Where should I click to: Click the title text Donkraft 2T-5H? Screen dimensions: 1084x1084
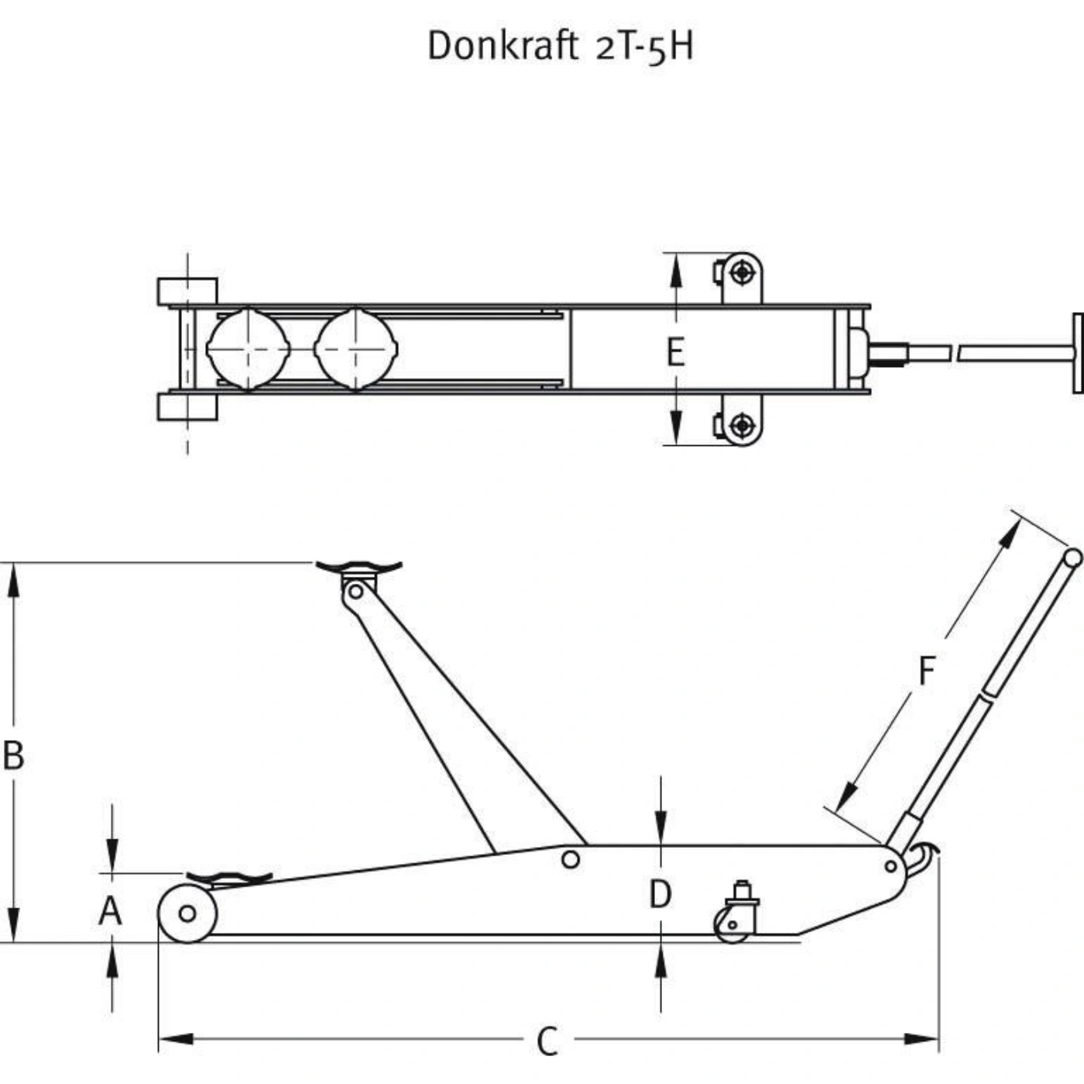[x=561, y=46]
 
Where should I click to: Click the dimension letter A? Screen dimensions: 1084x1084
[x=110, y=912]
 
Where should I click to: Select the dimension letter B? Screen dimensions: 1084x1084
[x=13, y=756]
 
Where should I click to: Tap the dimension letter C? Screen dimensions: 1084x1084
[x=547, y=1042]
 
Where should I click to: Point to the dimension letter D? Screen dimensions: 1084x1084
[x=660, y=894]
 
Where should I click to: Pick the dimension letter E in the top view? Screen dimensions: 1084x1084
[x=676, y=352]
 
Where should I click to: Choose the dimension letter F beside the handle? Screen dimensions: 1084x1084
[x=927, y=671]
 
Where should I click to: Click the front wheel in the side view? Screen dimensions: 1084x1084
[x=187, y=914]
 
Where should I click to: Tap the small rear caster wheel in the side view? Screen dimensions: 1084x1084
[x=732, y=925]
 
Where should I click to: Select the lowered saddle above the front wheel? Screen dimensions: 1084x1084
[x=229, y=878]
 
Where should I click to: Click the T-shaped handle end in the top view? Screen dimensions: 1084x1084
[x=1077, y=353]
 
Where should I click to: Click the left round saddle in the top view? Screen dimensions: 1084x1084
[x=248, y=349]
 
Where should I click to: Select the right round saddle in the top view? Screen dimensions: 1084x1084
[x=356, y=349]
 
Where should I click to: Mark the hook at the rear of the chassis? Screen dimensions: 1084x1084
[x=922, y=862]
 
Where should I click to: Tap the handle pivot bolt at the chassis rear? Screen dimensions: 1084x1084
[x=890, y=866]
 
